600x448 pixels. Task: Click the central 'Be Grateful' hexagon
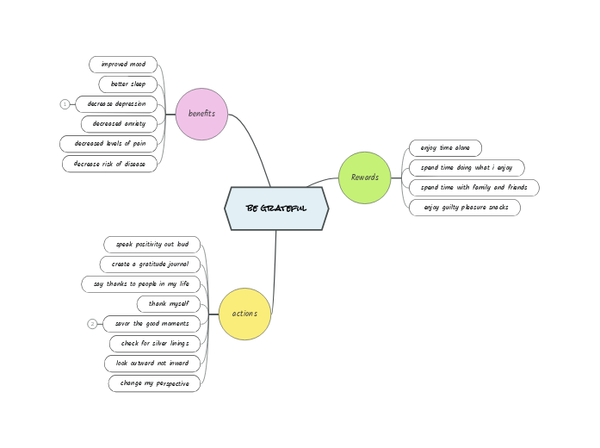[x=276, y=208]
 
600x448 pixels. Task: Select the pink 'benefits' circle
[x=201, y=114]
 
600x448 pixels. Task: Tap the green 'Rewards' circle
[x=365, y=177]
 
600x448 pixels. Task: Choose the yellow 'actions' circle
[x=244, y=314]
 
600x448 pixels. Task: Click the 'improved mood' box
[x=123, y=65]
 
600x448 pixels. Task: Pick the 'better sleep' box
[x=128, y=84]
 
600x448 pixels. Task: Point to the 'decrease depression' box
[x=116, y=104]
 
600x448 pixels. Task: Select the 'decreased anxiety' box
[x=120, y=124]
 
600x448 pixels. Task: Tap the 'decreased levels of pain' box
[x=109, y=144]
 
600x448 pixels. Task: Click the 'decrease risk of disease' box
[x=110, y=164]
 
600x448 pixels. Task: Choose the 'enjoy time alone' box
[x=445, y=148]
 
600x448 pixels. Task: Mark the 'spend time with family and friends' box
[x=473, y=188]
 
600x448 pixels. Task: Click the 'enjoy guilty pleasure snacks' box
[x=465, y=208]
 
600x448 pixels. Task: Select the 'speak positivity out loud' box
[x=152, y=245]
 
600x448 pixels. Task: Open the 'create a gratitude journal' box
[x=151, y=264]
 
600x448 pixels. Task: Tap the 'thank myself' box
[x=169, y=304]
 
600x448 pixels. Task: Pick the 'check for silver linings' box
[x=155, y=344]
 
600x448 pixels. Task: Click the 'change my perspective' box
[x=155, y=383]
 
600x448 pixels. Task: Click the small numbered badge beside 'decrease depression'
[x=65, y=104]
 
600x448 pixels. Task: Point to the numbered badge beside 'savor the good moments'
[x=92, y=324]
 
